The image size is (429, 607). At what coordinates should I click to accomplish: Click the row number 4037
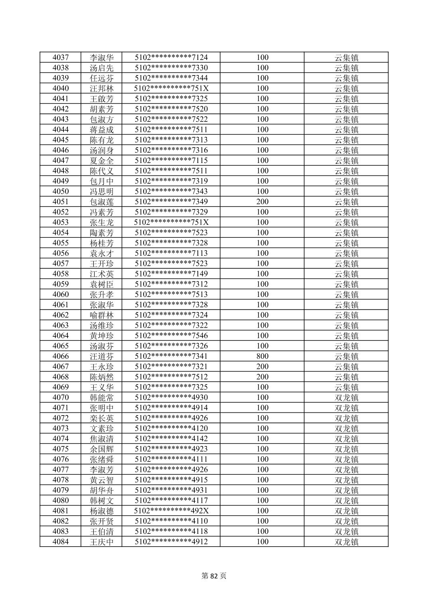pos(60,57)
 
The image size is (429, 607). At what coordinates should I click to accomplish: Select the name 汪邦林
pos(102,88)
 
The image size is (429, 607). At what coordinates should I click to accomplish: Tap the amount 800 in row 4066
pos(262,356)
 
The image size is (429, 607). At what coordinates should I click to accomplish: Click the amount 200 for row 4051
pos(262,201)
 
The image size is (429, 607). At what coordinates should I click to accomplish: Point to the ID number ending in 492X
pos(171,511)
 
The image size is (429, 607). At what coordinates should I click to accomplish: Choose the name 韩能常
pos(102,398)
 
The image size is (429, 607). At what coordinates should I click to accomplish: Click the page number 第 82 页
pos(214,576)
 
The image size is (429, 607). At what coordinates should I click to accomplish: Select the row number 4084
pos(60,541)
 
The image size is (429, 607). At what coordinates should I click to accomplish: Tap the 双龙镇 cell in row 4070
pos(346,398)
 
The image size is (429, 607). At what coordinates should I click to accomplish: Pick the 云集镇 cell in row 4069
pos(346,387)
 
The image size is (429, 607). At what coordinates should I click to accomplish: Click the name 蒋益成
pos(102,129)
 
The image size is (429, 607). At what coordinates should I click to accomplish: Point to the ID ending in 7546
pos(171,336)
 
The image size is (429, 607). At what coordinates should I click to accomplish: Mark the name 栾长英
pos(102,418)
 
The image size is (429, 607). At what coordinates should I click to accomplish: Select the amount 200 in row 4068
pos(262,377)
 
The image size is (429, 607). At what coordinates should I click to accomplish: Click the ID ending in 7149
pos(171,274)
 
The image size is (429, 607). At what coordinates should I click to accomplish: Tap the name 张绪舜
pos(102,459)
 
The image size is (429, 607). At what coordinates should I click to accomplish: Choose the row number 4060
pos(60,295)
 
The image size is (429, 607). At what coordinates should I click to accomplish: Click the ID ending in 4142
pos(171,439)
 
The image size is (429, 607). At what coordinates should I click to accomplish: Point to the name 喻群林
pos(102,315)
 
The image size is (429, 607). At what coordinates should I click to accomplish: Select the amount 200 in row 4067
pos(262,366)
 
